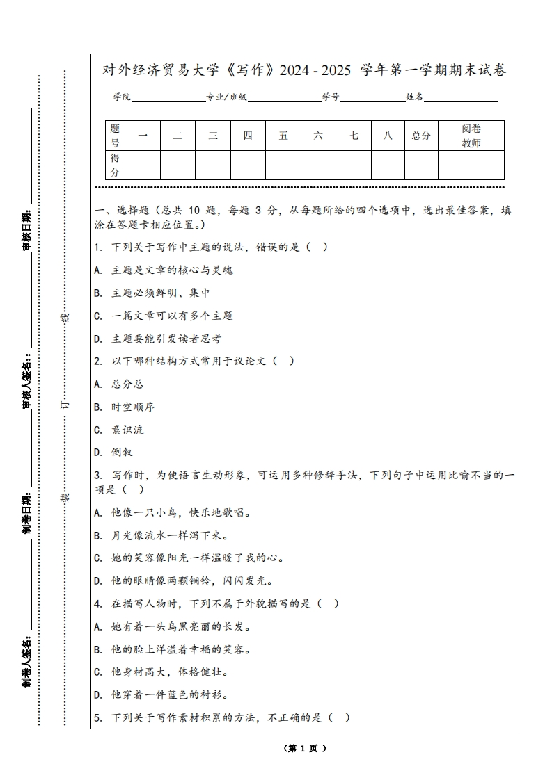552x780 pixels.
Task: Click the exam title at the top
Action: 304,70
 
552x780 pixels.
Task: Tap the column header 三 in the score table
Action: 213,136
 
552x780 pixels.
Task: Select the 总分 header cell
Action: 421,136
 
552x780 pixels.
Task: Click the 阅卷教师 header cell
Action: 471,136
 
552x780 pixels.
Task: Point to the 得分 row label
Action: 115,165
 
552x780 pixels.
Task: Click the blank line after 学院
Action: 167,98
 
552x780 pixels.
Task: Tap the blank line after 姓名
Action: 461,98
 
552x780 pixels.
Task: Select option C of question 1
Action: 164,316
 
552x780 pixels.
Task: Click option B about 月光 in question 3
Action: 161,535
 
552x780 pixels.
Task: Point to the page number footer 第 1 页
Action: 305,749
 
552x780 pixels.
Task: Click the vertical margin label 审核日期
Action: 26,229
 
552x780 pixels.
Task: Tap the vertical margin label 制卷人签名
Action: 26,660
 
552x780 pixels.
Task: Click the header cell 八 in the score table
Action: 388,136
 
